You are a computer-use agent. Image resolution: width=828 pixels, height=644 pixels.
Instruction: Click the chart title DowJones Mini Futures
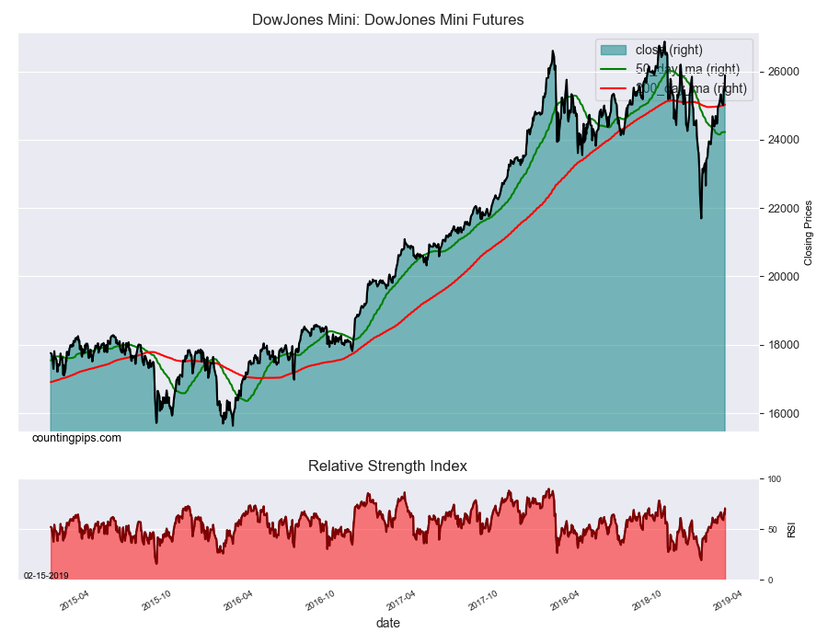coord(387,20)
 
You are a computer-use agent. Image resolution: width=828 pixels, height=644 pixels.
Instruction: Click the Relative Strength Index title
coord(387,466)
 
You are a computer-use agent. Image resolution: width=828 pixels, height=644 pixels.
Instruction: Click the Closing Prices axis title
coord(810,232)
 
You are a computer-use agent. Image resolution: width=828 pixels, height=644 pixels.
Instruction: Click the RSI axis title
coord(791,530)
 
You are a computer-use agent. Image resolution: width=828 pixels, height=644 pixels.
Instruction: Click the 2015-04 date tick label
coord(74,600)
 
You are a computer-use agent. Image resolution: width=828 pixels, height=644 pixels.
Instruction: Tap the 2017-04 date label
coord(401,600)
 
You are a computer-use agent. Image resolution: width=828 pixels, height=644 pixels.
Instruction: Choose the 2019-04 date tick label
coord(729,600)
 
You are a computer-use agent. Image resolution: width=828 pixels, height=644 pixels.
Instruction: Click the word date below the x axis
coord(387,624)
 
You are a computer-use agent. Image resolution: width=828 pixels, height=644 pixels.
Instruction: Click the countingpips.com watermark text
coord(76,438)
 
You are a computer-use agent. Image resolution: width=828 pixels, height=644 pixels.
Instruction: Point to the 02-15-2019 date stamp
coord(46,575)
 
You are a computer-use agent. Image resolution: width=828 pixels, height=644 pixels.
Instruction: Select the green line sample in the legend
coord(613,69)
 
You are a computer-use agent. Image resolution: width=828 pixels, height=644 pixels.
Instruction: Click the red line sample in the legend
coord(613,89)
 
